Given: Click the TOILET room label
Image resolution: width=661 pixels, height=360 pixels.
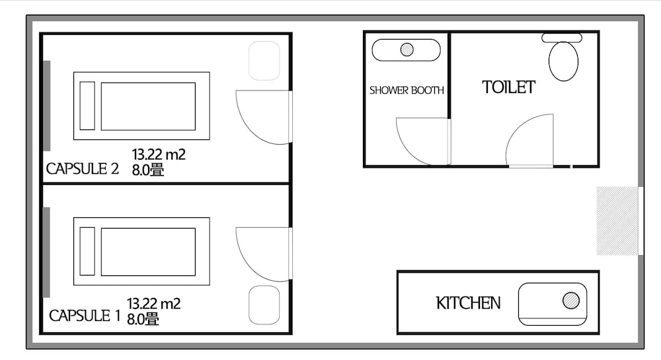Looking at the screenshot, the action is [x=508, y=87].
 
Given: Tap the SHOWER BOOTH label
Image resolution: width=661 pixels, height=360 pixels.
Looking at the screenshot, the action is [x=407, y=90].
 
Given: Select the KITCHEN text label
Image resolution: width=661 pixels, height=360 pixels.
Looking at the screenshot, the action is [x=468, y=303].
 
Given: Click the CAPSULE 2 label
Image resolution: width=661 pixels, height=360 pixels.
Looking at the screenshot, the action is [x=82, y=168].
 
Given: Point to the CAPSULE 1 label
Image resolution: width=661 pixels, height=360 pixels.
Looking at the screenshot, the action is [x=85, y=315].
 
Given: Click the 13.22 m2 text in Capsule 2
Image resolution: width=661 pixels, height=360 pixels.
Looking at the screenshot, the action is [x=159, y=155].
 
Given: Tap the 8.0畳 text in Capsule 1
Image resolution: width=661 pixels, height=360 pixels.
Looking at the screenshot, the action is [x=143, y=319].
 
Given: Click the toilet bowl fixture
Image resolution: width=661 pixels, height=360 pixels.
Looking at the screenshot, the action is [x=563, y=61].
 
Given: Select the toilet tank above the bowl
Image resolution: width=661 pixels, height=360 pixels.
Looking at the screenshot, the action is [x=561, y=38].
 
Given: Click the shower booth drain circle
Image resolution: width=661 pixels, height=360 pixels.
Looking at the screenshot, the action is [x=407, y=50].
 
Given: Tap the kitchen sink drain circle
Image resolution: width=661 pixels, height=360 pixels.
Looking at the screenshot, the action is [x=571, y=301].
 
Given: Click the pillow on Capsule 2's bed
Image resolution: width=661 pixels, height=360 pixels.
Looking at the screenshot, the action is [x=87, y=106].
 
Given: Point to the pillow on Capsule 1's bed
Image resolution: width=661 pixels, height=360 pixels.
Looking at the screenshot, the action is [x=87, y=252].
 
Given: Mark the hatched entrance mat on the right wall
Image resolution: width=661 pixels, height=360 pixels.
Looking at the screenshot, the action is [x=617, y=221].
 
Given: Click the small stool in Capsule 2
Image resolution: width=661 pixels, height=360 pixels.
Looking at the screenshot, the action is [x=264, y=61].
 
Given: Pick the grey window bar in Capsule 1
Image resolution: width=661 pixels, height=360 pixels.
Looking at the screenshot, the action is [x=46, y=252].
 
